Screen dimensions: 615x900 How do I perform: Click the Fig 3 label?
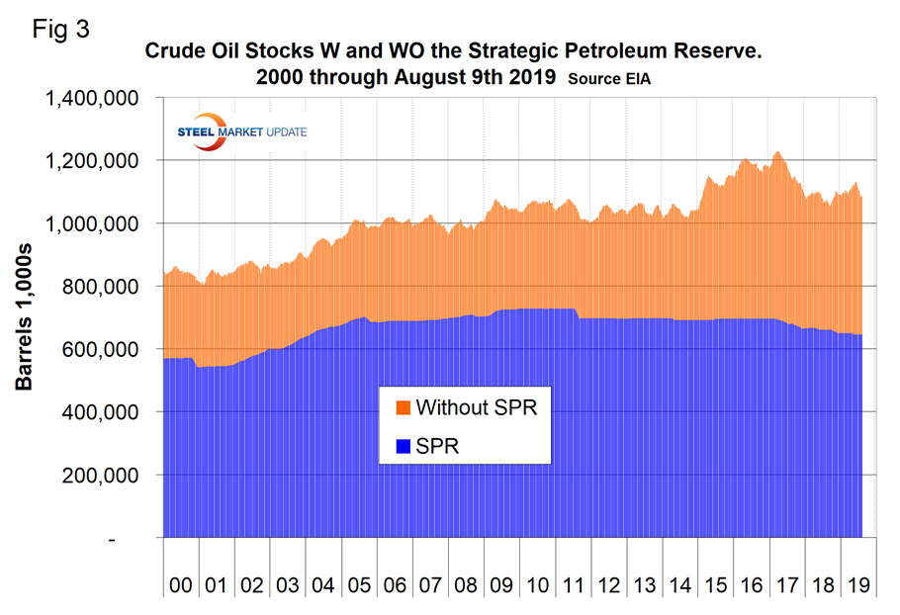tap(61, 29)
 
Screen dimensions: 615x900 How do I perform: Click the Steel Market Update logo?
tap(240, 133)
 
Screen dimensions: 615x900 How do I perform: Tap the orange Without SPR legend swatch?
tap(403, 407)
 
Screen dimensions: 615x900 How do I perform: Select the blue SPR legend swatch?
tap(403, 447)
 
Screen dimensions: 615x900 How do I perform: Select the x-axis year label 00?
tap(181, 584)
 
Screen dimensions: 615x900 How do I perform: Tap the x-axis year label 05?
tap(359, 584)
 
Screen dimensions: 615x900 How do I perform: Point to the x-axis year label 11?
tap(574, 584)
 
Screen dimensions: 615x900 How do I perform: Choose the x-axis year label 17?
tap(787, 584)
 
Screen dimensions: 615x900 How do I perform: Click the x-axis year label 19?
tap(858, 584)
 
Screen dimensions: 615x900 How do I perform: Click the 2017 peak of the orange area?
tap(778, 152)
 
